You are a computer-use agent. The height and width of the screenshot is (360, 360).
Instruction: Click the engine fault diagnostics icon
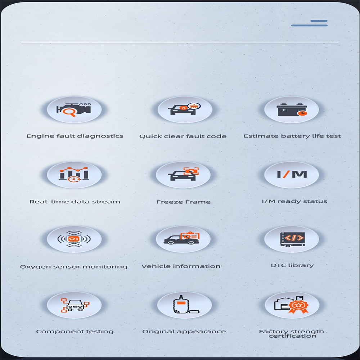[74, 110]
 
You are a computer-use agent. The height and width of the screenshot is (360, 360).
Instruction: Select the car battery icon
[292, 109]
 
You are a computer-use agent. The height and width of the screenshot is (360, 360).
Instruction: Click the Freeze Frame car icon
[184, 174]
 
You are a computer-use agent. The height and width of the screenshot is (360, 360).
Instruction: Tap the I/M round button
[292, 175]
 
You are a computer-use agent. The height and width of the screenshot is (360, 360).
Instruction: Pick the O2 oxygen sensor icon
[74, 239]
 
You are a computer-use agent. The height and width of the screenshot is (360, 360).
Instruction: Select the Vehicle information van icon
[181, 238]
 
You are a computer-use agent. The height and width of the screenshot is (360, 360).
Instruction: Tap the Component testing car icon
[75, 305]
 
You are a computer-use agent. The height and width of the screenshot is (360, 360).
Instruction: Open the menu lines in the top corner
[309, 23]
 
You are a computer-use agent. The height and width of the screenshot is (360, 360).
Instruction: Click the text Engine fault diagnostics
[75, 136]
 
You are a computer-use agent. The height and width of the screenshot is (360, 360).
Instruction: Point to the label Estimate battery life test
[292, 136]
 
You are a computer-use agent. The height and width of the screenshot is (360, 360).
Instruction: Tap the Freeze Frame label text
[184, 202]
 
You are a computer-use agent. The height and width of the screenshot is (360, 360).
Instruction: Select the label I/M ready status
[294, 201]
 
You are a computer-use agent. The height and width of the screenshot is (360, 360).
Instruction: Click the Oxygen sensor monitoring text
[74, 267]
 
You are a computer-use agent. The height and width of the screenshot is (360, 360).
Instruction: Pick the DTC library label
[292, 265]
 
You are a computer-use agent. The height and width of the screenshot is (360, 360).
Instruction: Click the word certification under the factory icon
[292, 336]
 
